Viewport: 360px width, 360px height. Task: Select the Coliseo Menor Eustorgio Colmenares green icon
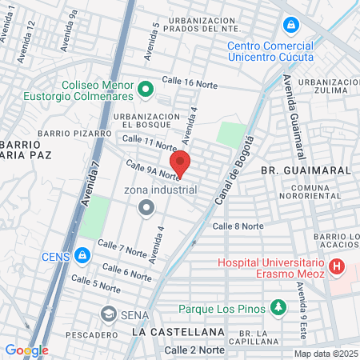point(146,89)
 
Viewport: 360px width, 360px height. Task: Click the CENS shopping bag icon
point(82,256)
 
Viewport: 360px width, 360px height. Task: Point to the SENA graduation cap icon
point(108,314)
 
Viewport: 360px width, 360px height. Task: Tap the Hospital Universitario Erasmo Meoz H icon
point(337,266)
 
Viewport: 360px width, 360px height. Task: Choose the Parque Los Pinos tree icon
point(277,306)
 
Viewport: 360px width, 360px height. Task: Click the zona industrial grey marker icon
point(146,209)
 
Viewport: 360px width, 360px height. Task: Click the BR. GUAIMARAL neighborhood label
point(294,170)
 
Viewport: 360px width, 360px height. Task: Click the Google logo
point(26,350)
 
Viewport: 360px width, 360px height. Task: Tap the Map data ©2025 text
point(326,354)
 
